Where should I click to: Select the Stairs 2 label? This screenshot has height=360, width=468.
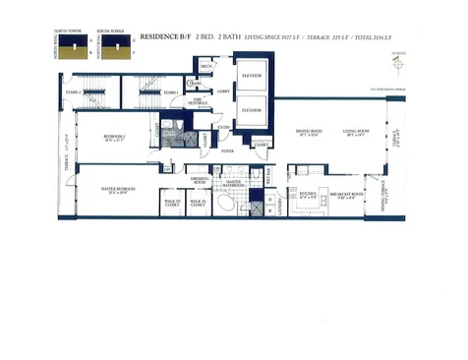tap(70, 91)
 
